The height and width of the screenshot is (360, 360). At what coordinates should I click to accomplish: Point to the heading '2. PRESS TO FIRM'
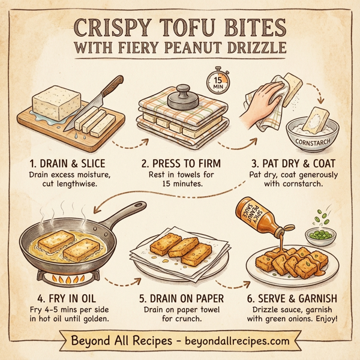point(181,163)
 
